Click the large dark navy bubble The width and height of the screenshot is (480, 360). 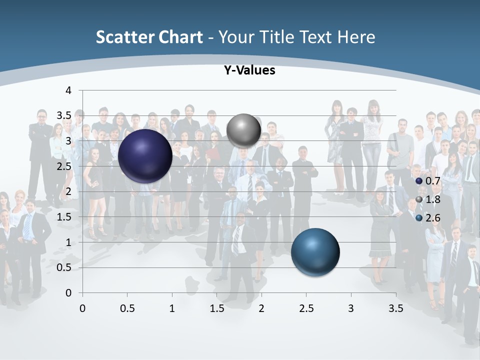click(x=145, y=155)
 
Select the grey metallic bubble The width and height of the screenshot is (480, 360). click(x=243, y=130)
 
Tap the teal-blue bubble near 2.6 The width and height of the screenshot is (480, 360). click(x=315, y=251)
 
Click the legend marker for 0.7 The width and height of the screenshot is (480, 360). click(x=419, y=181)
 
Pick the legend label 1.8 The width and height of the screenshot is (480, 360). click(x=433, y=199)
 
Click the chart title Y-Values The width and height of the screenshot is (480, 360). click(x=249, y=70)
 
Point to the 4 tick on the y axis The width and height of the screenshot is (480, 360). click(x=68, y=90)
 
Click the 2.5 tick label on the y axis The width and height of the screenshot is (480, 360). click(x=64, y=166)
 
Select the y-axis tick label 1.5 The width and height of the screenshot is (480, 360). click(x=64, y=217)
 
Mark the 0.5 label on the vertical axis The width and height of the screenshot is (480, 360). click(x=64, y=267)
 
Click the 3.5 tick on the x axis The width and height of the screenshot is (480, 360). click(x=395, y=308)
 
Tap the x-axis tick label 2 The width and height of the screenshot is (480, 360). click(x=261, y=308)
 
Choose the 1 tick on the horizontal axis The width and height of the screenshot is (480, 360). click(x=172, y=308)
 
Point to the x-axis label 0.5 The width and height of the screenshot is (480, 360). click(x=127, y=308)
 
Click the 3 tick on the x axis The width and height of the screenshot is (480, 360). click(x=350, y=308)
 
